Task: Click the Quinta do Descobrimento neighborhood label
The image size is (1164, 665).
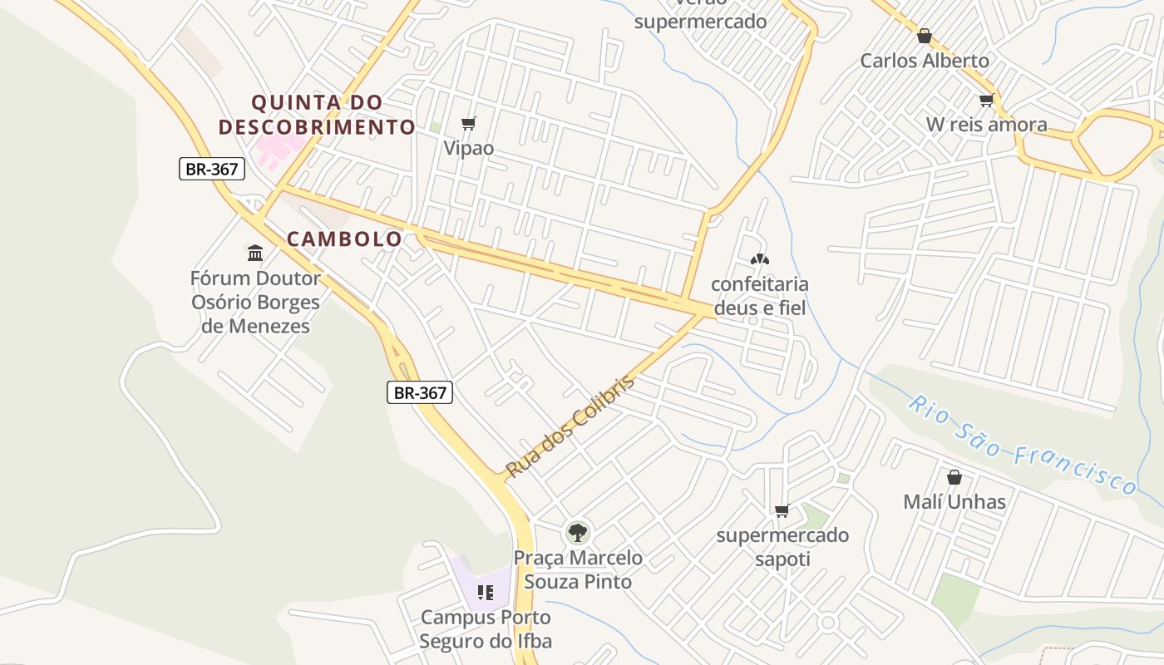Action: tap(317, 115)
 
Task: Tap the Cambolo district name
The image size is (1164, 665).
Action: tap(344, 239)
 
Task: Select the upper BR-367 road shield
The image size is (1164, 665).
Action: tap(212, 169)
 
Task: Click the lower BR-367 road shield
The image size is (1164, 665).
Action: tap(420, 392)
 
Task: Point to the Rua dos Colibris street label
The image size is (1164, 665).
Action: tap(570, 426)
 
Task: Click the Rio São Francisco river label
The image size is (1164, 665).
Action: tap(1022, 446)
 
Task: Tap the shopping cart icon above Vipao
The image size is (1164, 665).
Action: tap(469, 124)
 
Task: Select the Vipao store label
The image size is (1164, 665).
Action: tap(469, 149)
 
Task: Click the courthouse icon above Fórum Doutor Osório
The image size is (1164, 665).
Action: tap(255, 253)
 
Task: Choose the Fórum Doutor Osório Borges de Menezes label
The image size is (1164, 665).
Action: tap(255, 302)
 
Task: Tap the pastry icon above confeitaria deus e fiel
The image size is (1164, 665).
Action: tap(759, 259)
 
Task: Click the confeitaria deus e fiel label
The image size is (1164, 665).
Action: tap(759, 296)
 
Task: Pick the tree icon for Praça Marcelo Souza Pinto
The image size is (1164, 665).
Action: tap(577, 532)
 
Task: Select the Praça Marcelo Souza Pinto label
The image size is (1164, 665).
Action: tap(577, 569)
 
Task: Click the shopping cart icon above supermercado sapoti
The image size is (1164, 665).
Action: tap(782, 510)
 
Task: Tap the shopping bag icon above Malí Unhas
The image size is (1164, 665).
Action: tap(954, 477)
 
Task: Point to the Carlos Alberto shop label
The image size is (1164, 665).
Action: tap(925, 61)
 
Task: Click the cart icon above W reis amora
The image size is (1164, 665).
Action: tap(986, 101)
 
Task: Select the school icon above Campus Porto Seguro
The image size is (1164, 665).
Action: tap(486, 593)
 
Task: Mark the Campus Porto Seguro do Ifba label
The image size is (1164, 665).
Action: tap(486, 629)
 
